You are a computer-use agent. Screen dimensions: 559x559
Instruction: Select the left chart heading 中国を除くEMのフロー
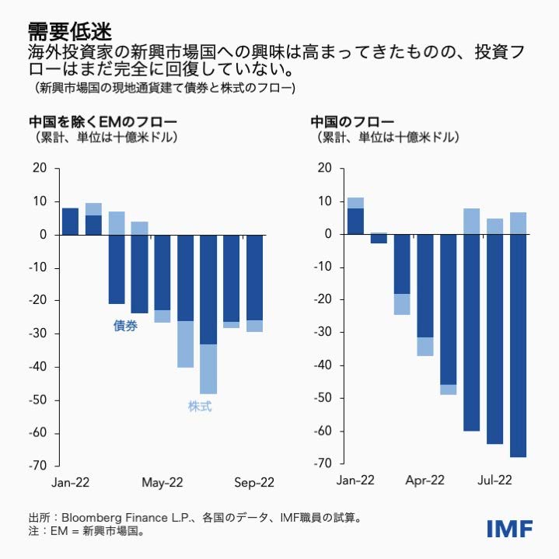pos(103,122)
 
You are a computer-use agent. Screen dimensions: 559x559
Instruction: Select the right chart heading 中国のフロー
pos(352,122)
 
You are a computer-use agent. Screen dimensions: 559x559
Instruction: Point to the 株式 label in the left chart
pos(200,406)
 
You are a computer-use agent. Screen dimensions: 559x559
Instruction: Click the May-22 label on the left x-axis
pos(162,483)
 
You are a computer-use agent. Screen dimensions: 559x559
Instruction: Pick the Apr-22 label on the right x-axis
pos(425,480)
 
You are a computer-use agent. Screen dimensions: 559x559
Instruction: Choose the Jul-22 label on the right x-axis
pos(494,480)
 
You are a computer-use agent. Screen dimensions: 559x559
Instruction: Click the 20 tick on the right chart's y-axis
pos(326,168)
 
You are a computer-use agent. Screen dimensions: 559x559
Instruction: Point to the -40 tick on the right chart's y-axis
pos(323,365)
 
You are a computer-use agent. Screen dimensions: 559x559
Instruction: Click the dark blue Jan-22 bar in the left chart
pos(70,222)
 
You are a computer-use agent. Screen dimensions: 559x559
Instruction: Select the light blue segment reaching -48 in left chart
pos(208,369)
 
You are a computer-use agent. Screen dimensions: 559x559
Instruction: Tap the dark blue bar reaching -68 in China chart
pos(519,346)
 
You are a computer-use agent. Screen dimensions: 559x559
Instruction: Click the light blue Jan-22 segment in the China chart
pos(356,203)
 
